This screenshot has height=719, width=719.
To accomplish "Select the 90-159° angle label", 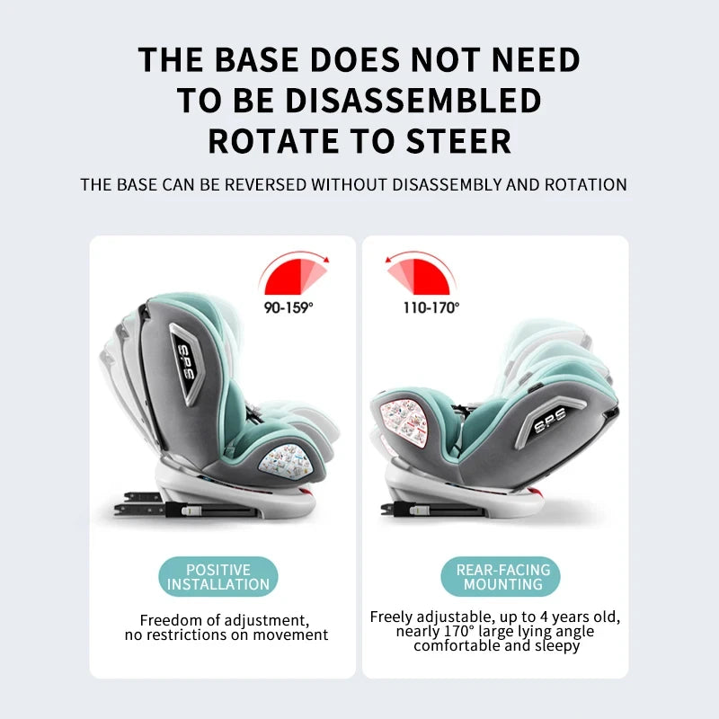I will [288, 307].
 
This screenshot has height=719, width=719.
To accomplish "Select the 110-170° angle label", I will [431, 307].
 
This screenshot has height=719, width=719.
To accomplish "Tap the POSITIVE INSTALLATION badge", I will [218, 577].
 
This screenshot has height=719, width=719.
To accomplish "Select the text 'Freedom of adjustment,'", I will [225, 621].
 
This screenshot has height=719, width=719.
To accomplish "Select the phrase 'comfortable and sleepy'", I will [496, 645].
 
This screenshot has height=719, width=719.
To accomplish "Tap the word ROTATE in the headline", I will [267, 141].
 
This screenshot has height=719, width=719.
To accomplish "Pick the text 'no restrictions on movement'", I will [226, 635].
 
